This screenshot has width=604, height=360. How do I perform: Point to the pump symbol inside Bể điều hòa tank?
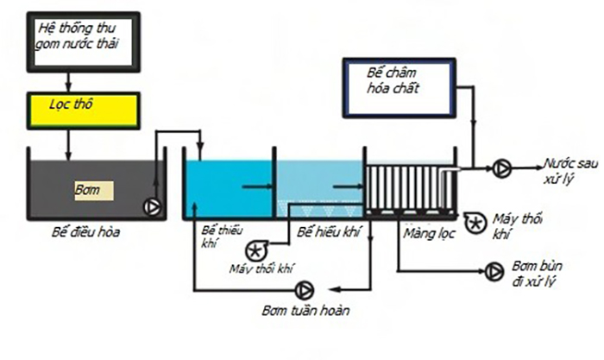pos(152,206)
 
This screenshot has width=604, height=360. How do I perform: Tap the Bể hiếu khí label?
pos(327,232)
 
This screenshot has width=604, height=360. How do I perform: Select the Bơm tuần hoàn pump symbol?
pos(305,288)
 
